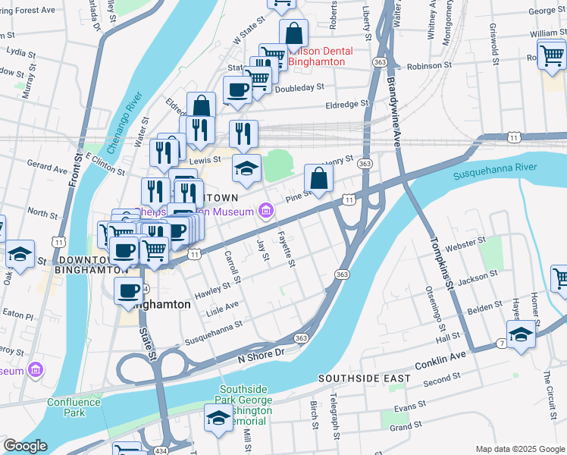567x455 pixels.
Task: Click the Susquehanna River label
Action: tap(494, 171)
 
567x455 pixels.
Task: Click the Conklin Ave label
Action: tap(439, 356)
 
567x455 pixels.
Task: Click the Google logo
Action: tap(24, 446)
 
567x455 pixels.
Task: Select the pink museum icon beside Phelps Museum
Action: tap(265, 210)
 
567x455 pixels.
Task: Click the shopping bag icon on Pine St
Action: tap(319, 179)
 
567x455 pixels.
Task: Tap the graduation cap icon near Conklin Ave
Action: tap(521, 335)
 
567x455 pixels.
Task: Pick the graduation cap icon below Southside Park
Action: tap(218, 419)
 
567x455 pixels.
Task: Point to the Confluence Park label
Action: tap(74, 407)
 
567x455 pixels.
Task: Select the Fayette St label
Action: tap(286, 249)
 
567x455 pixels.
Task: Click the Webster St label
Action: tap(465, 243)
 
